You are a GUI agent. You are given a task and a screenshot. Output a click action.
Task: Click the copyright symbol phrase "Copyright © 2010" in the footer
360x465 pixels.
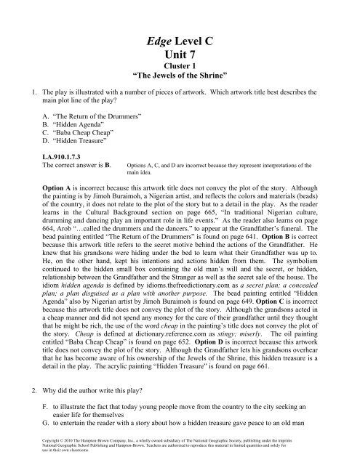pyautogui.click(x=47, y=450)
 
